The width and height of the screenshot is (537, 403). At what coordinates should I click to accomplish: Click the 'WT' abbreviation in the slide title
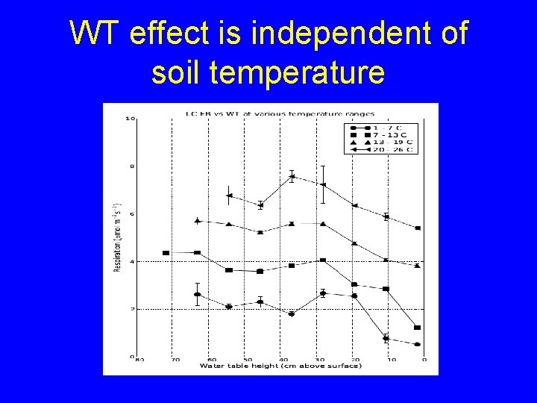(x=96, y=34)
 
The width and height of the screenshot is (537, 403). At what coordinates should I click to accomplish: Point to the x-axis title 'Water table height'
(x=280, y=366)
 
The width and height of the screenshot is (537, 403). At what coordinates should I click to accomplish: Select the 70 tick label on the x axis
(x=175, y=360)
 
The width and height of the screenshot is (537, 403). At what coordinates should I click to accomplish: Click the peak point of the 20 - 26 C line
(x=292, y=177)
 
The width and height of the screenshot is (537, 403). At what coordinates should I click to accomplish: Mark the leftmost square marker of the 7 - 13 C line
(x=166, y=253)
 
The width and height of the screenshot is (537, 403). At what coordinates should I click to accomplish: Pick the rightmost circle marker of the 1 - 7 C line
(x=417, y=345)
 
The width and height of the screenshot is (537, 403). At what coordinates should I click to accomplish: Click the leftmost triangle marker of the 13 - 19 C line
(x=198, y=221)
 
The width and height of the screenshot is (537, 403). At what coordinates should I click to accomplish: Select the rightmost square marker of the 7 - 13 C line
(x=417, y=328)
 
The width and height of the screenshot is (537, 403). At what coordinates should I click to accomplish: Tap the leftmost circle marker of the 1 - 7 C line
(x=198, y=295)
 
